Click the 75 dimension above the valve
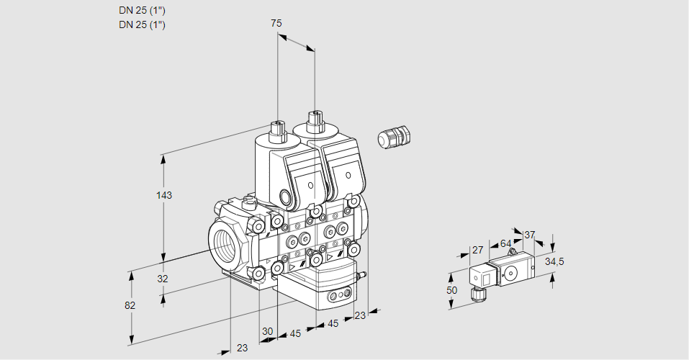point(276,23)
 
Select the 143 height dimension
point(166,196)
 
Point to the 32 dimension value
point(163,279)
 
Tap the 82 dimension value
point(130,305)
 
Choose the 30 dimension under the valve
point(267,331)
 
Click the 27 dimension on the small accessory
point(477,250)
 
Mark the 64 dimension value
point(505,243)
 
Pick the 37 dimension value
point(530,235)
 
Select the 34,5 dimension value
point(554,261)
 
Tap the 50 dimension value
point(451,290)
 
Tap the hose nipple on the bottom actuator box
point(363,274)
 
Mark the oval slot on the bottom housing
point(338,296)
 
